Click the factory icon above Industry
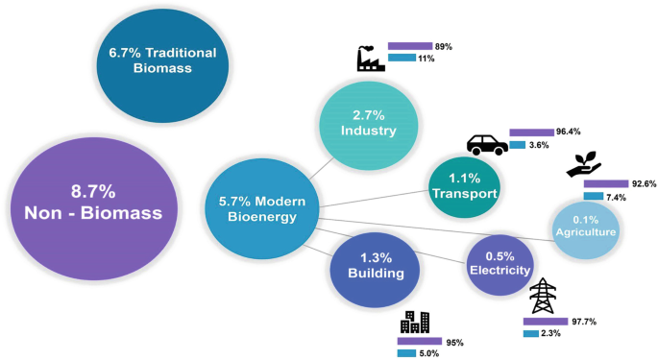pyautogui.click(x=370, y=59)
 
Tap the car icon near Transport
pyautogui.click(x=487, y=145)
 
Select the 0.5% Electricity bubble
pyautogui.click(x=499, y=263)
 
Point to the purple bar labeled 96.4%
pyautogui.click(x=533, y=132)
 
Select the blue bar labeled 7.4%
pyautogui.click(x=593, y=197)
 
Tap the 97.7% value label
pyautogui.click(x=586, y=322)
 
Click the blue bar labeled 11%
pyautogui.click(x=401, y=59)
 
